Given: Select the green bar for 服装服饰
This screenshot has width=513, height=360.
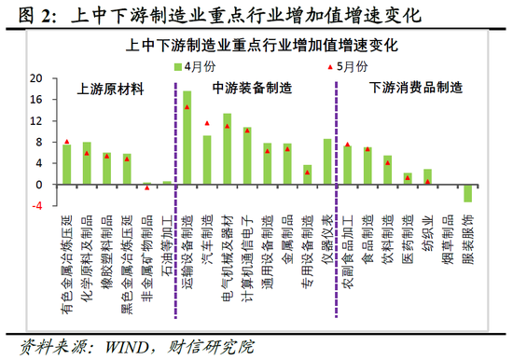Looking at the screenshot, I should pos(468,193).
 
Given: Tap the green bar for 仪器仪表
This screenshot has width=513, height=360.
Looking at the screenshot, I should pos(327,161).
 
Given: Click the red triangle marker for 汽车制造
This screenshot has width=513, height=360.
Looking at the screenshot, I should pos(207,123).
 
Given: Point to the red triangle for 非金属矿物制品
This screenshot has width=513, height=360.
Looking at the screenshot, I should pos(146,187).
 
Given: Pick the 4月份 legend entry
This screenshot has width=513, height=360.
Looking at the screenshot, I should pos(193,65).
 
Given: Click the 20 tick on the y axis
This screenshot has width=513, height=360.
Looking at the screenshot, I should pos(37,78).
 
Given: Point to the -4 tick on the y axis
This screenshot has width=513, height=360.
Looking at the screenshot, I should pos(37,206).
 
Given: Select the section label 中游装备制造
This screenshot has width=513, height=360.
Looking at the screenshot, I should pos(252,89).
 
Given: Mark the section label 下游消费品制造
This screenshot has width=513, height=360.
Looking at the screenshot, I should pos(414,89).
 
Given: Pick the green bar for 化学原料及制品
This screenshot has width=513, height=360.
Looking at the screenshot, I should pos(87,163).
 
